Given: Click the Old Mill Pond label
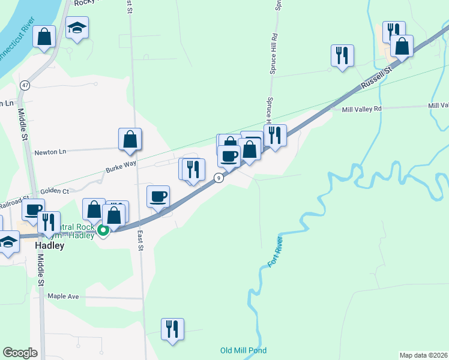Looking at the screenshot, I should click(243, 350).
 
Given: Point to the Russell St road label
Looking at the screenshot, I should click(376, 79).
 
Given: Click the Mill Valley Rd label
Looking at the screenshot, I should click(361, 109).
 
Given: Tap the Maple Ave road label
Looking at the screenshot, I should click(64, 296).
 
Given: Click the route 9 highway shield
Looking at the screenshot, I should click(219, 178).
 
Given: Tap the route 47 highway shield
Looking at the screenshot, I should click(24, 85).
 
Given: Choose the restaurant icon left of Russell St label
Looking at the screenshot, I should click(342, 56).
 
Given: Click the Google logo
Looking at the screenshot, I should click(20, 353).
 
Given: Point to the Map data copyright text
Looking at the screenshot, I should click(424, 355).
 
